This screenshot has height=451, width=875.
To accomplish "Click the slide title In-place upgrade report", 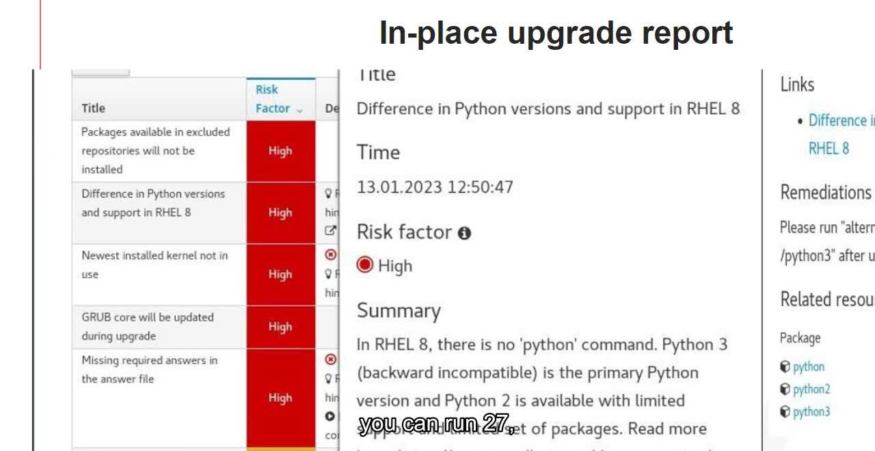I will click(x=556, y=33).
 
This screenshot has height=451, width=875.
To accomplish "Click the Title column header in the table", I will click(x=94, y=108).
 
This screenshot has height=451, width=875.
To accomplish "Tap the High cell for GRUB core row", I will click(x=280, y=327).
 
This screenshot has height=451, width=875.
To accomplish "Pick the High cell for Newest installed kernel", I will click(x=280, y=274).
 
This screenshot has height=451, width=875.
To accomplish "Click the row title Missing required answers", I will click(x=150, y=369).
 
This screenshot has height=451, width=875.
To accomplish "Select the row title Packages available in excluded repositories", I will click(x=155, y=150).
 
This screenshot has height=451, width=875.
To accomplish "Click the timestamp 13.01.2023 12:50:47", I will click(x=435, y=187).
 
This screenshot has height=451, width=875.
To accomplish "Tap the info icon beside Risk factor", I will click(x=465, y=233).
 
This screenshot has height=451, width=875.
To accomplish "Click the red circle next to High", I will click(x=365, y=265).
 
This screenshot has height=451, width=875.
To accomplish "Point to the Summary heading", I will click(x=399, y=311).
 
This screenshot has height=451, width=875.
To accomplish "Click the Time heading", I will click(x=378, y=152).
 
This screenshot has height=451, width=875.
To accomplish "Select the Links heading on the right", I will click(x=797, y=85).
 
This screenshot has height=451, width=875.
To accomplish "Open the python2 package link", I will click(x=811, y=389).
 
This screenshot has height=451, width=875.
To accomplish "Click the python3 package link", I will click(x=811, y=412).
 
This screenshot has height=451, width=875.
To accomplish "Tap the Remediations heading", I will click(x=826, y=193).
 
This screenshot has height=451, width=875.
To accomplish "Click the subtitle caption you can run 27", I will click(x=437, y=424).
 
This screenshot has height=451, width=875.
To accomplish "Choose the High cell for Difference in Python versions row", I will click(x=280, y=213).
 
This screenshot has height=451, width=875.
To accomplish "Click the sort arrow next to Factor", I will click(x=299, y=109).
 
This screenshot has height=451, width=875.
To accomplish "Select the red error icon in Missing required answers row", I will click(x=331, y=359).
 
